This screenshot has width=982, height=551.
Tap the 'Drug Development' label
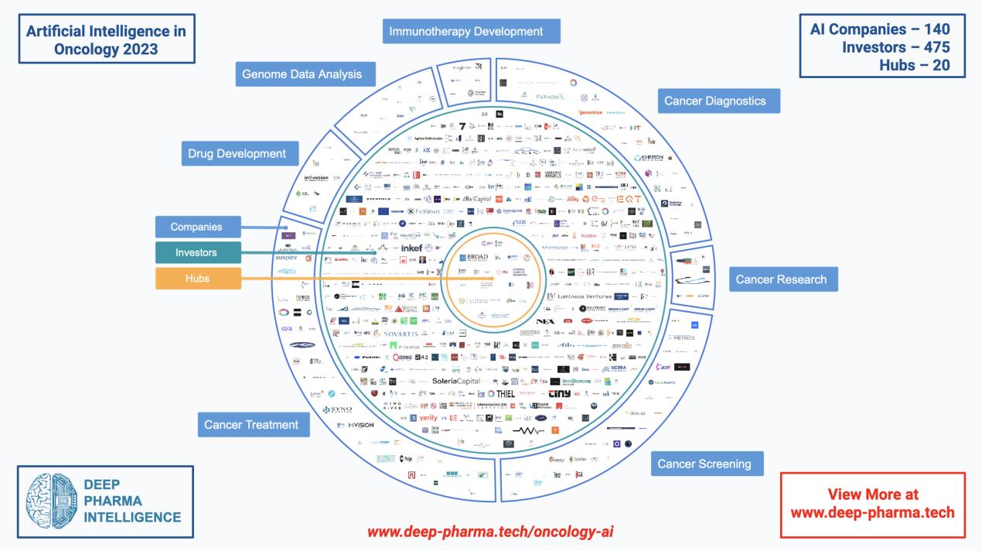click(x=237, y=154)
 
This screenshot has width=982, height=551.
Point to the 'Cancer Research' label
click(x=783, y=279)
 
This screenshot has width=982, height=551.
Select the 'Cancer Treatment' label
click(x=252, y=424)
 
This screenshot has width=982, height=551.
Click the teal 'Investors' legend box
click(x=197, y=252)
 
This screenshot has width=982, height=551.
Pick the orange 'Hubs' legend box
click(x=197, y=278)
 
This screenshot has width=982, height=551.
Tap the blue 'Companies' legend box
click(x=197, y=227)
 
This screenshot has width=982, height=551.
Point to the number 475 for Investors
click(x=932, y=47)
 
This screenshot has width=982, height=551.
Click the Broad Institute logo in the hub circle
click(x=474, y=258)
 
